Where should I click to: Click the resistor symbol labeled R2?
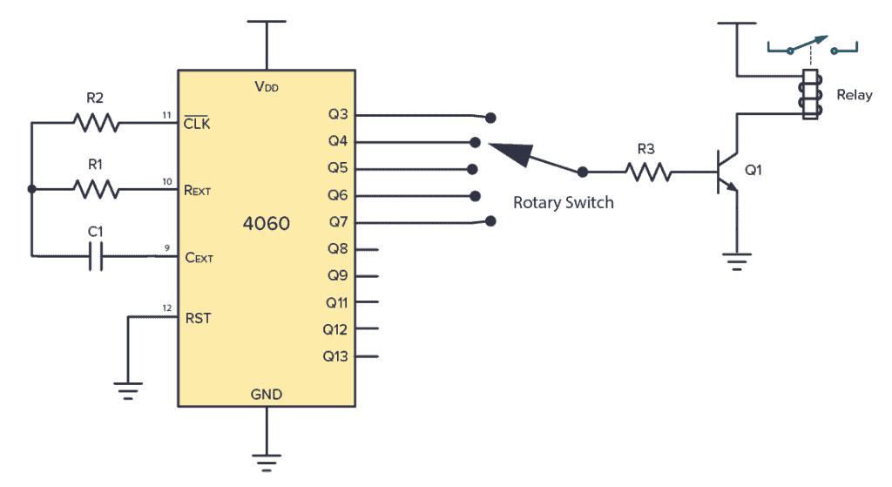pos(96,124)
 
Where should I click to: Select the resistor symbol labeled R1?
pos(96,188)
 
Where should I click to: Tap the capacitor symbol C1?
pos(97,256)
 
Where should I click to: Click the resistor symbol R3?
pos(649,172)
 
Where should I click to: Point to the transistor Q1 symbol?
pos(725,172)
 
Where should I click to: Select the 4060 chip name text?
pos(266,224)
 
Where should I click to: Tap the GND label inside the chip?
pos(266,395)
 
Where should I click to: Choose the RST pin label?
pos(198,318)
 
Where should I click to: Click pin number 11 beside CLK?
pos(166,115)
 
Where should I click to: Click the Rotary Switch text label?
pos(563,202)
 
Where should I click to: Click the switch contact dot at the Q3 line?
pos(491,116)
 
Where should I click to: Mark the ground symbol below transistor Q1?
pos(737,260)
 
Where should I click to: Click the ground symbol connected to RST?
pos(128,392)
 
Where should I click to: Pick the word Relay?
pos(854,95)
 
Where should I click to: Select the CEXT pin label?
pos(199,258)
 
